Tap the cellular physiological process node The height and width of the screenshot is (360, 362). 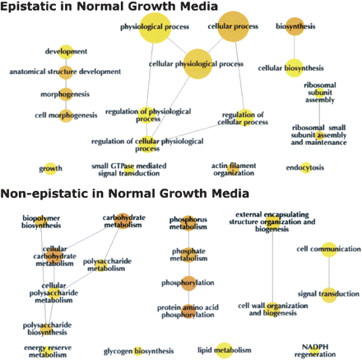point(196,63)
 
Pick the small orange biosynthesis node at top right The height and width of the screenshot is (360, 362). point(295,26)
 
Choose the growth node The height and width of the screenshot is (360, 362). point(51,169)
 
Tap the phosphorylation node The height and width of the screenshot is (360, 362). point(188,282)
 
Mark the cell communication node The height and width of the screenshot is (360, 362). point(329,249)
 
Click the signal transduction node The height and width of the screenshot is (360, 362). point(328,294)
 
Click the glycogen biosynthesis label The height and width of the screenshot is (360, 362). point(137,351)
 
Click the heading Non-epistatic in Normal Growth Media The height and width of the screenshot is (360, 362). point(124,194)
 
